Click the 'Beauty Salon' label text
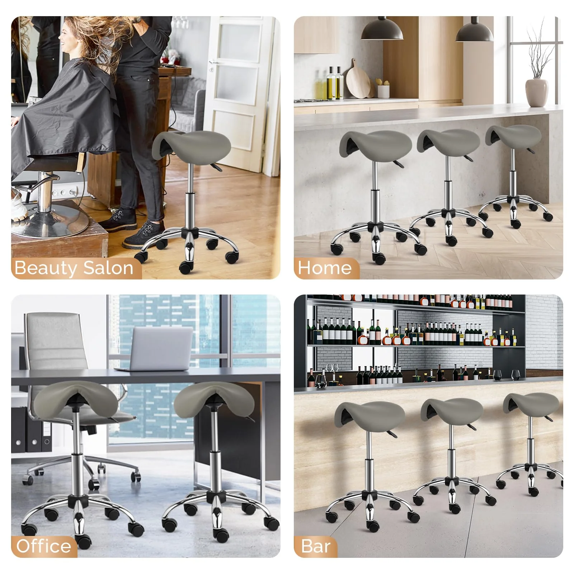[x=74, y=268]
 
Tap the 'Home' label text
[x=325, y=268]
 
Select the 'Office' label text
[x=43, y=546]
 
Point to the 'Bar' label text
[x=316, y=546]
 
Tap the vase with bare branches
[x=537, y=91]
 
